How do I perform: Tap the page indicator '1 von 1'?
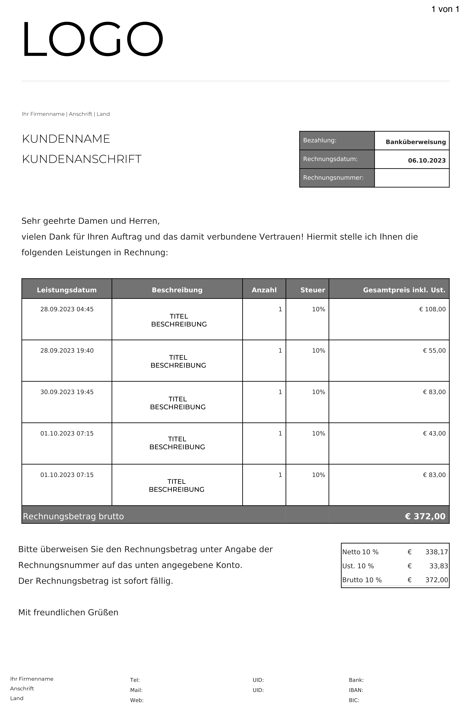tap(445, 9)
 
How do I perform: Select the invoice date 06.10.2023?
tap(427, 161)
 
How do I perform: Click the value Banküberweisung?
tap(416, 142)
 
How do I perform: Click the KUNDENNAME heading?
tap(66, 139)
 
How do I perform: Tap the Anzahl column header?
tap(264, 290)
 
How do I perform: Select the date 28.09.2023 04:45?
tap(67, 309)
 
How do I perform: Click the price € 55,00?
tap(434, 351)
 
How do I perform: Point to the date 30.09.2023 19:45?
tap(67, 392)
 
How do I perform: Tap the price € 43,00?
tap(434, 434)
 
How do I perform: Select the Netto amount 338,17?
tap(436, 552)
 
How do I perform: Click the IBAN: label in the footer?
tap(356, 690)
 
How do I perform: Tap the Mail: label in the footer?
tap(136, 690)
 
